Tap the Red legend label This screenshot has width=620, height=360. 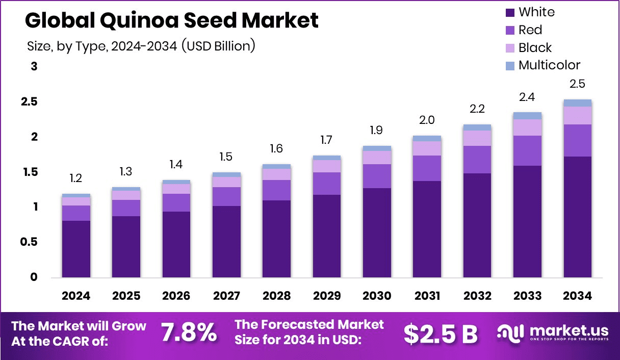(x=530, y=30)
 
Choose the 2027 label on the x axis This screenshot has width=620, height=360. (x=226, y=296)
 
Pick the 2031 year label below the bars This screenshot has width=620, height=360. (x=427, y=296)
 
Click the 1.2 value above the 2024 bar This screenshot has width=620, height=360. (x=76, y=178)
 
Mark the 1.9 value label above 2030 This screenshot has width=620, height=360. (x=377, y=131)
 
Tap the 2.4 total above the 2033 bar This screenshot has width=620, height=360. (x=527, y=97)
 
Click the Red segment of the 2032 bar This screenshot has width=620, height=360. (x=477, y=160)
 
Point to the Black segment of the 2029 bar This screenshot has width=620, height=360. (x=327, y=166)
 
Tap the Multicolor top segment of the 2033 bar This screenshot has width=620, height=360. (x=527, y=116)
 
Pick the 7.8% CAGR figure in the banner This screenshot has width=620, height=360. (x=189, y=332)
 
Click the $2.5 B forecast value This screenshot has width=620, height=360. (x=440, y=333)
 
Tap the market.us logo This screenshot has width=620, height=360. (x=553, y=332)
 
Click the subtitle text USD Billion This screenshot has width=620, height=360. (x=220, y=46)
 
